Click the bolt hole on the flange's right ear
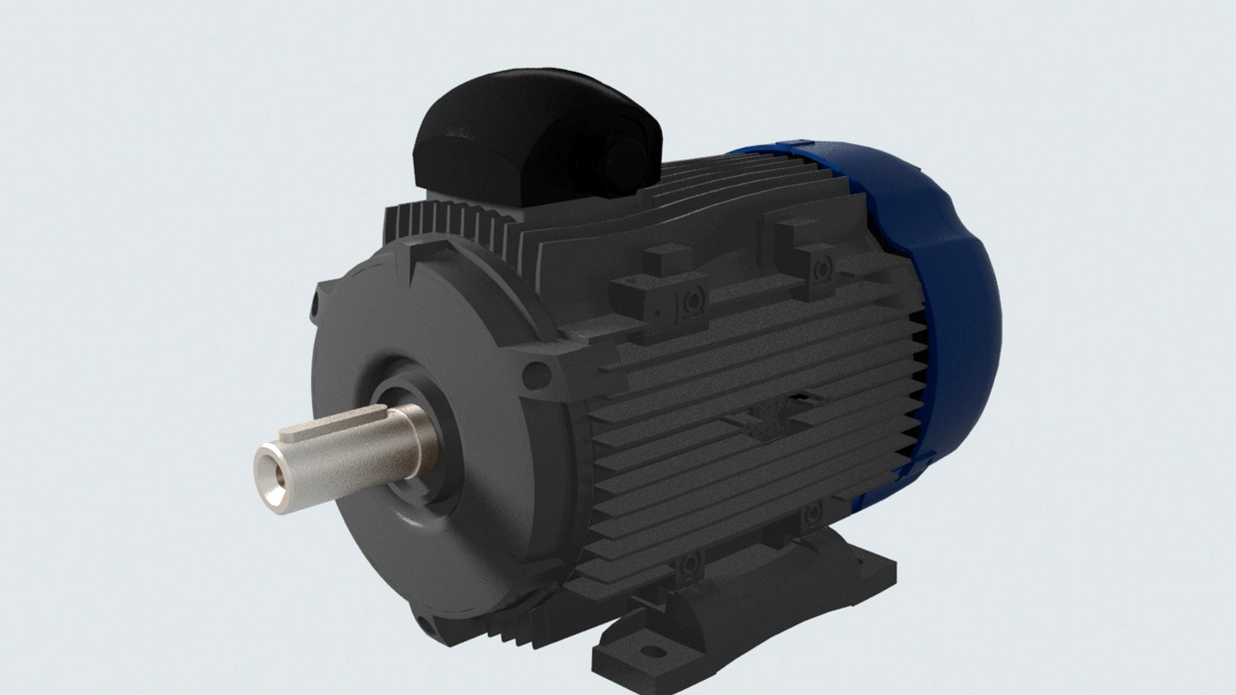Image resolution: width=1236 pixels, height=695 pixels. tap(536, 375)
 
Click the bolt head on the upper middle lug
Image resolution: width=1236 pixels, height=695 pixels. tap(692, 301)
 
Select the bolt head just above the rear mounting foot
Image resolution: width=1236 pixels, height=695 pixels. tap(812, 513)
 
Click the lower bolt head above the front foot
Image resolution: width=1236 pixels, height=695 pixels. tap(689, 565)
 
